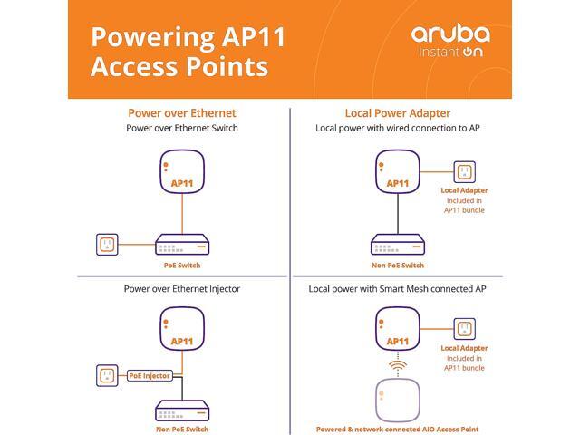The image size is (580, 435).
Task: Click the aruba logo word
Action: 450,34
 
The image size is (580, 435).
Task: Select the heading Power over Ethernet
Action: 182,113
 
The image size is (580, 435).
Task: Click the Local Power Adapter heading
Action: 398,113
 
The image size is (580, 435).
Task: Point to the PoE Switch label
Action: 182,266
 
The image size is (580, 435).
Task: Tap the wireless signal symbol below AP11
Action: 398,367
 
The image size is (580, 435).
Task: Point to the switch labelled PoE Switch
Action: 182,245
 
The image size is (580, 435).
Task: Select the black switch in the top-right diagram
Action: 398,245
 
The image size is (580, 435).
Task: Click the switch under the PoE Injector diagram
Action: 182,408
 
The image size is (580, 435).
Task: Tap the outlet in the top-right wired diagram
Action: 465,171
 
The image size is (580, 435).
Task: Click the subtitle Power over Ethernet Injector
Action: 182,289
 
